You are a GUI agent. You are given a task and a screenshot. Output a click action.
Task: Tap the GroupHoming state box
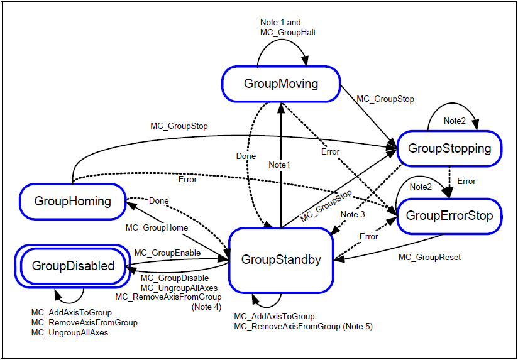point(72,201)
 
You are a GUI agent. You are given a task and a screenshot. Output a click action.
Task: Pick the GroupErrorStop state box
point(449,216)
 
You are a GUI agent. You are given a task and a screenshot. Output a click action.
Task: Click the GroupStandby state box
point(280,259)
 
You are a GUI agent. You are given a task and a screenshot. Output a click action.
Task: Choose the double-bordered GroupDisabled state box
point(74,266)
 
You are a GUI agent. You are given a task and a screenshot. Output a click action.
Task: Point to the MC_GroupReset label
point(430,257)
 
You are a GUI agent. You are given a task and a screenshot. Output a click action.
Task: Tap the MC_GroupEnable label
point(167,253)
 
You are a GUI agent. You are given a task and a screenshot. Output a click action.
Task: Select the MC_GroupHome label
point(157,227)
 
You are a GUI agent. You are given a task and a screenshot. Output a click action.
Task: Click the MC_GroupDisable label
point(174,278)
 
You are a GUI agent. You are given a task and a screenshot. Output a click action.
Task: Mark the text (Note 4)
point(206,307)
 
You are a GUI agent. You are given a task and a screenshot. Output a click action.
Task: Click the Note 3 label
point(352,215)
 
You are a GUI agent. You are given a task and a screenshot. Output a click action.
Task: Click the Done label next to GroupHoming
point(158,201)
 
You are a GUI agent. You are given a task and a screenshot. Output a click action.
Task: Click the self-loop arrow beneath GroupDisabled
point(69,295)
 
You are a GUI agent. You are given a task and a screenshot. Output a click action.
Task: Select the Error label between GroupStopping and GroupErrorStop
point(466,182)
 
